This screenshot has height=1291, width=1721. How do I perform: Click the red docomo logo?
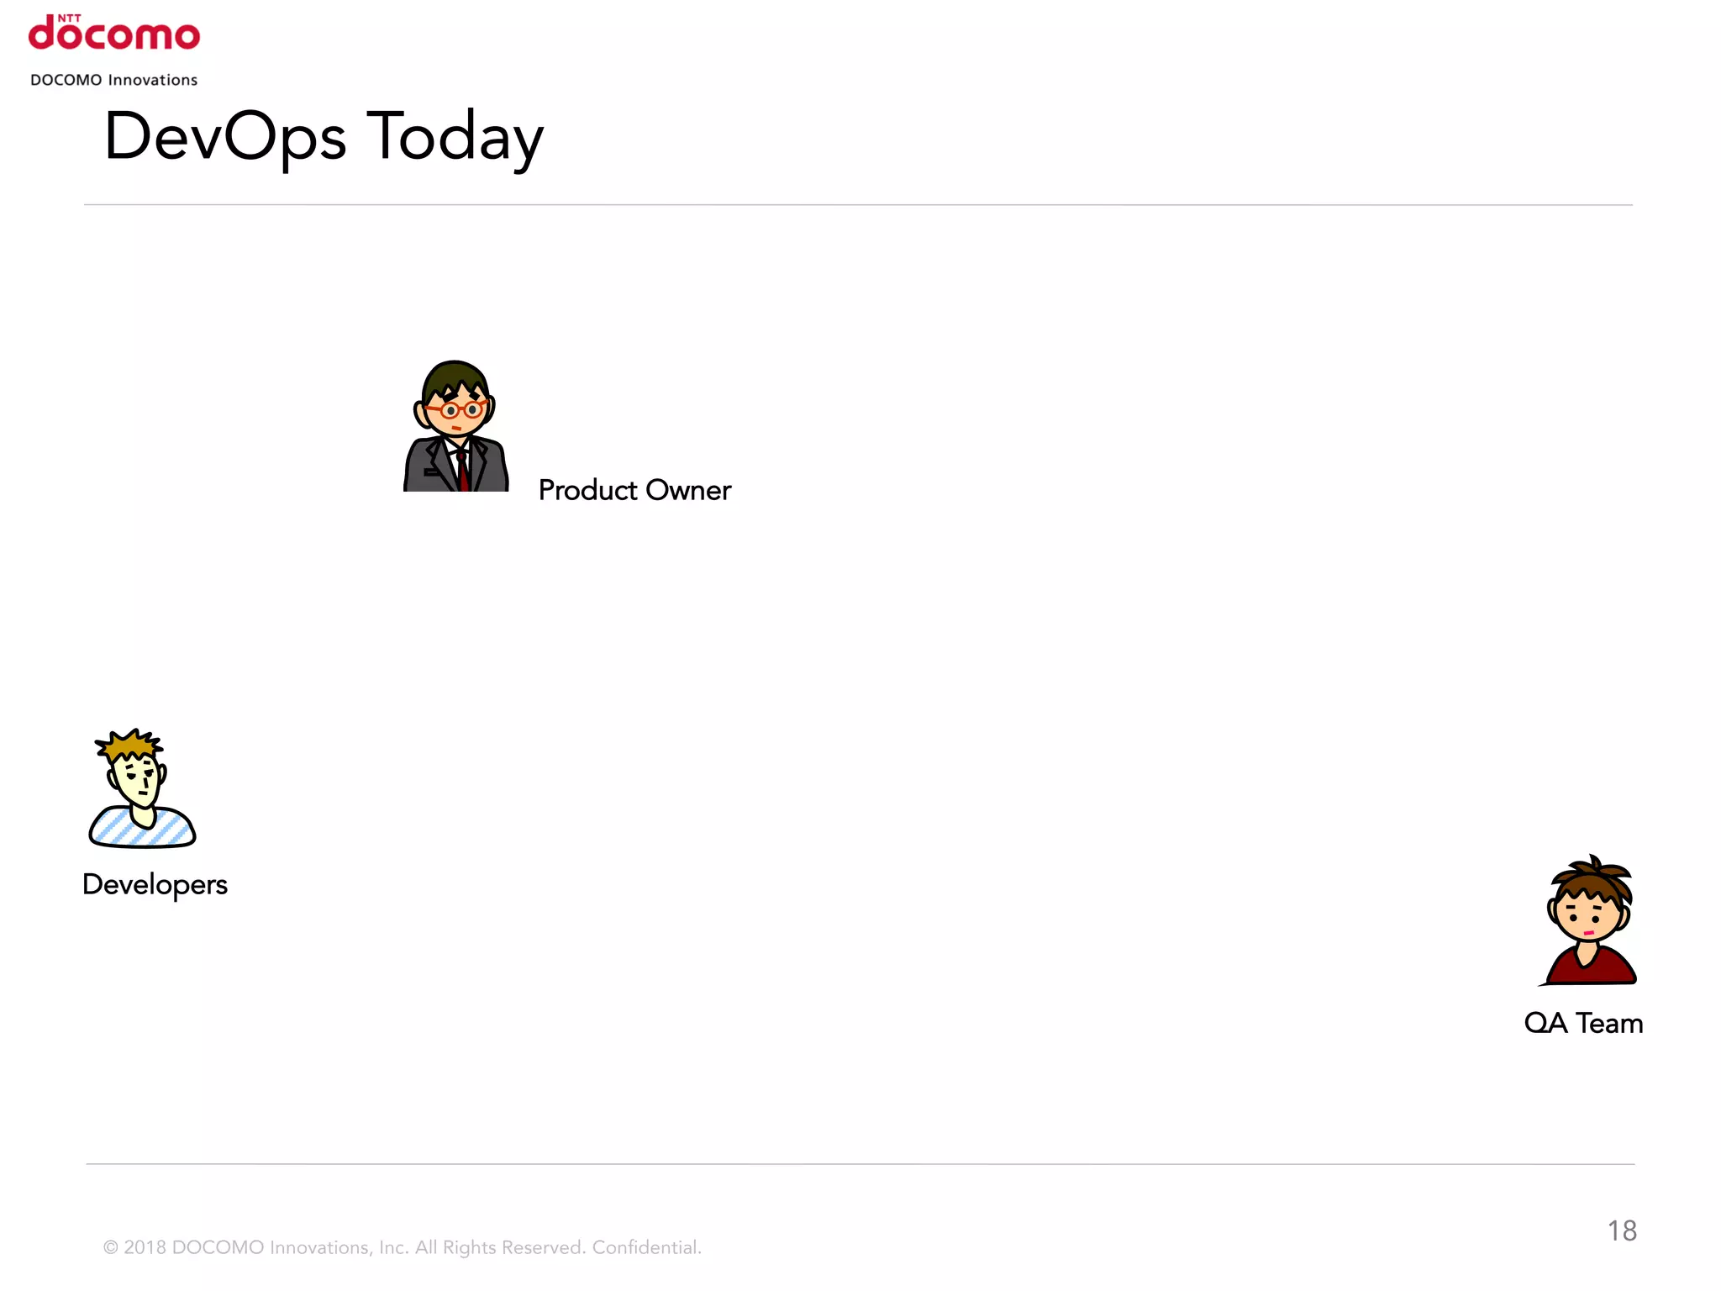point(114,35)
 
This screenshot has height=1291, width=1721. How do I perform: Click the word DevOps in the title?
point(224,137)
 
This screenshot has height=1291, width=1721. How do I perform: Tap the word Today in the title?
point(455,137)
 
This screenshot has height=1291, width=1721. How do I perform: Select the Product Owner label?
point(634,490)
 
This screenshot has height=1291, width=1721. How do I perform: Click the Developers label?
point(155,884)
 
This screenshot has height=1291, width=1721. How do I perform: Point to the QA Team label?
point(1583,1023)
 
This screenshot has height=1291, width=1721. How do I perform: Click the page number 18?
point(1622,1230)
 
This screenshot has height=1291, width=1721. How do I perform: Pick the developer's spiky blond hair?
point(129,744)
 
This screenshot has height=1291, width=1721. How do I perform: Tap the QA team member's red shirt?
point(1591,969)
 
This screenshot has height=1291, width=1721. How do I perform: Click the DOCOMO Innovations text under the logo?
point(114,80)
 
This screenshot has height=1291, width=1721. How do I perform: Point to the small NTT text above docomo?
point(69,17)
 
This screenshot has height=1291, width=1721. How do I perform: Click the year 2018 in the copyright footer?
point(145,1247)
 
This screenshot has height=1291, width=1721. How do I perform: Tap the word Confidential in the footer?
point(645,1247)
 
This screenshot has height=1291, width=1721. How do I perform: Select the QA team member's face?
point(1587,916)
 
